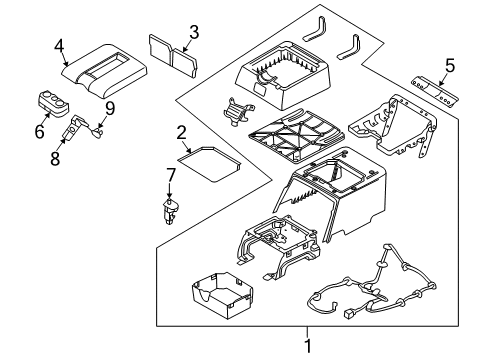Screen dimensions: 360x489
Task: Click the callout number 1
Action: (308, 347)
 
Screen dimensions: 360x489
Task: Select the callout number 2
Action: (182, 132)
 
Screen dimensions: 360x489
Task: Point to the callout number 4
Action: (60, 45)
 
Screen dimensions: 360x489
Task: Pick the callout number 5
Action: (449, 67)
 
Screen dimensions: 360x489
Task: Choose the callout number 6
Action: (40, 131)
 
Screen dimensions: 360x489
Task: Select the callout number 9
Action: (110, 107)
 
